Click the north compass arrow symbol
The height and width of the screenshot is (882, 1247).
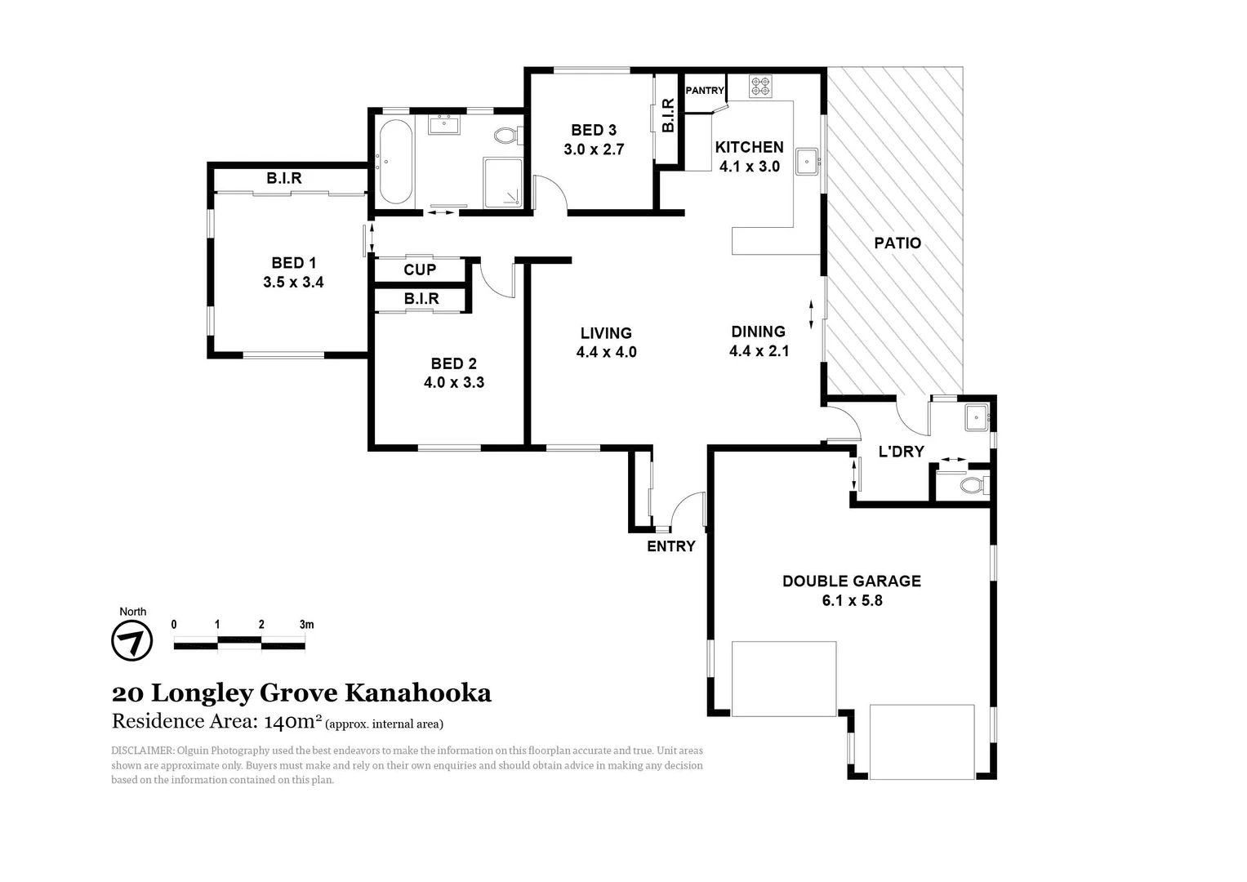(x=131, y=641)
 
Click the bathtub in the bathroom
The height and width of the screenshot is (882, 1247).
(x=395, y=162)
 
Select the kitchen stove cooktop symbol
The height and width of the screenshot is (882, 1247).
(x=760, y=86)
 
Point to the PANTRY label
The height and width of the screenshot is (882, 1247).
(x=704, y=91)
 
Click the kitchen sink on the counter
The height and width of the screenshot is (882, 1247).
(x=807, y=162)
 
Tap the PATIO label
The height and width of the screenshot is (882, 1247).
(x=897, y=243)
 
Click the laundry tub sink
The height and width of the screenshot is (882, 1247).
(x=976, y=417)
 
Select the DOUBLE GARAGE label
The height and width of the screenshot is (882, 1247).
(x=851, y=581)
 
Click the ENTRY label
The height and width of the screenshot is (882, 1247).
(x=670, y=546)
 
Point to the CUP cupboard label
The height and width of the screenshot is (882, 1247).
(x=420, y=269)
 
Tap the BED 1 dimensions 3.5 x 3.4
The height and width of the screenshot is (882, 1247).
(x=293, y=283)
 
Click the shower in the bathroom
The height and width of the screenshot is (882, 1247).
(x=502, y=182)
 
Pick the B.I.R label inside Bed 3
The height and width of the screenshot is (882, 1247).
(x=668, y=116)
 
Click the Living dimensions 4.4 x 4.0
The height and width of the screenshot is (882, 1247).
(x=606, y=353)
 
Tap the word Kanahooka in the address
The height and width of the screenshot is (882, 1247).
(x=417, y=693)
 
